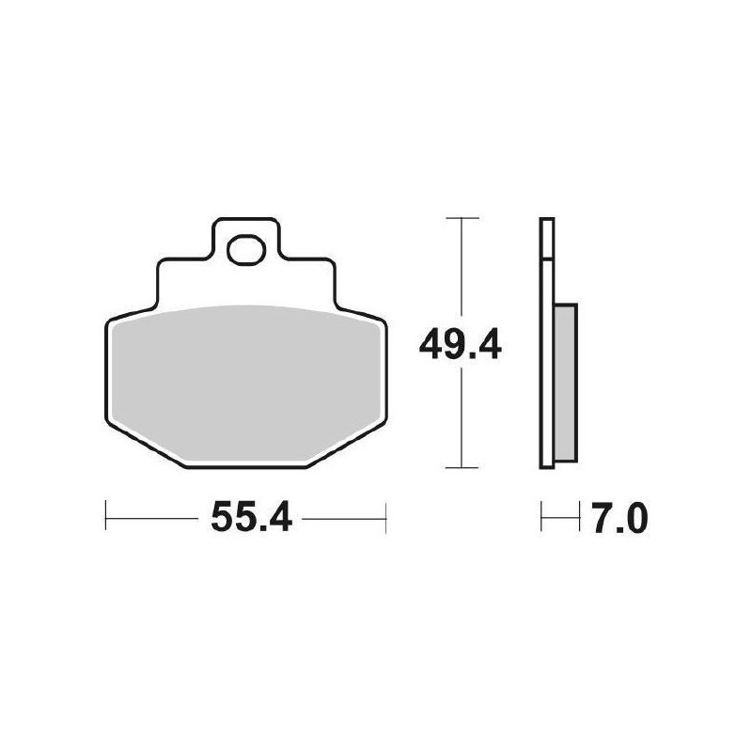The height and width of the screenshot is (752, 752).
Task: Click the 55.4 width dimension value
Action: [251, 517]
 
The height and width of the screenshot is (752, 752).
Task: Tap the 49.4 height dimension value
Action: [460, 345]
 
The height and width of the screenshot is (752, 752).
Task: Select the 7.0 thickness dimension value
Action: [620, 518]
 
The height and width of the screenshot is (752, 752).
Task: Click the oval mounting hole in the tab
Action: [246, 249]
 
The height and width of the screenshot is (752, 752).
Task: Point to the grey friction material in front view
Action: [246, 384]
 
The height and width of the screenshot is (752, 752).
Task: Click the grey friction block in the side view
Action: [566, 383]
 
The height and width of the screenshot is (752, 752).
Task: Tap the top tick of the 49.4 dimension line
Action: [462, 218]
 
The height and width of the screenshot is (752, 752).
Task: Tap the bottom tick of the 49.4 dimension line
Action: [462, 467]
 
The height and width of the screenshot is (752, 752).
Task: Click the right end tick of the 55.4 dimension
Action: [386, 518]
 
